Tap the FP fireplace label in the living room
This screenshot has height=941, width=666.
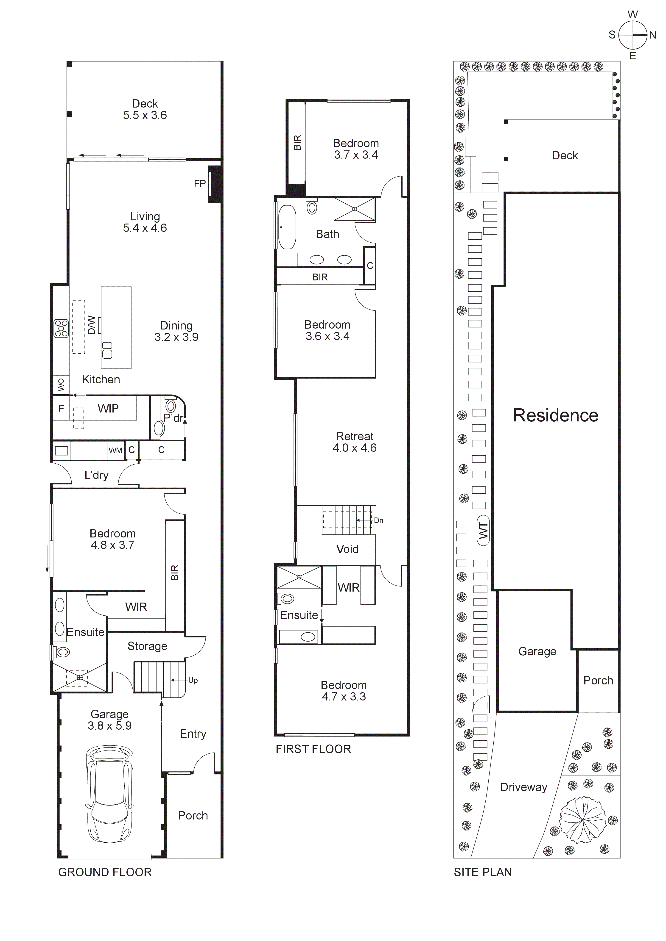[200, 184]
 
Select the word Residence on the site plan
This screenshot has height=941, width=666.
[555, 415]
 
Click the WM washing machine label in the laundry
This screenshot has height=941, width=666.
[115, 450]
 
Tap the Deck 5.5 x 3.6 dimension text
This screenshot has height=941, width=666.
[145, 115]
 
